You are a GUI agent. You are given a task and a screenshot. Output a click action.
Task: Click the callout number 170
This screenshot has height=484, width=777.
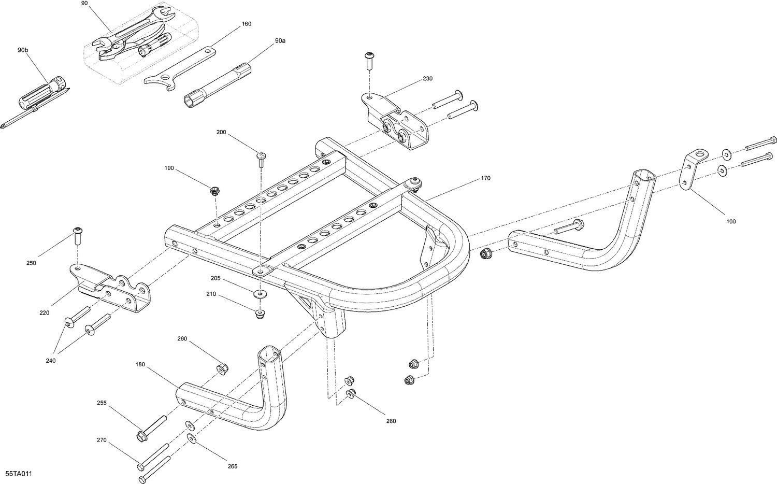[x=485, y=178]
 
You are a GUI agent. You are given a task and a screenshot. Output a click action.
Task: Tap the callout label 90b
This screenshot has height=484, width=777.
[x=23, y=50]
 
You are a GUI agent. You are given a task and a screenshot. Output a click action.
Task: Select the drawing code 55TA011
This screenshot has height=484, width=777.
[x=17, y=474]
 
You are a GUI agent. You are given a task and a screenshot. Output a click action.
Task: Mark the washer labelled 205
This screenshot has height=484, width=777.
[x=260, y=294]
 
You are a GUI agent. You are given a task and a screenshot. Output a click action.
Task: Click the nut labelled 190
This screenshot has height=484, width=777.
[x=214, y=190]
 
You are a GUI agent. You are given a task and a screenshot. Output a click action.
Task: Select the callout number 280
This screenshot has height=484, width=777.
[x=391, y=421]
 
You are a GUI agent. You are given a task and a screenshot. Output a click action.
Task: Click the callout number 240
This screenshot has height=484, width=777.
[x=51, y=361]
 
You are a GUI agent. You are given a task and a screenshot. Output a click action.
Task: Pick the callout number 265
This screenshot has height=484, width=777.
[x=233, y=466]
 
